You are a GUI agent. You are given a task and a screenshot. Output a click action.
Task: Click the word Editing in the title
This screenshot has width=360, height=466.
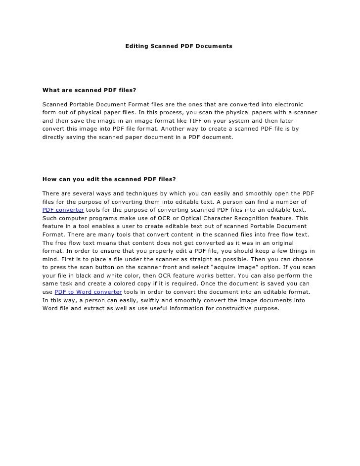pyautogui.click(x=136, y=46)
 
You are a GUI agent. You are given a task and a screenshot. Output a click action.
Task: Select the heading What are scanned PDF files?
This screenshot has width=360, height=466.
pyautogui.click(x=89, y=91)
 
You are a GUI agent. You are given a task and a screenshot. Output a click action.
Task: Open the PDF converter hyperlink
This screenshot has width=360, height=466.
pyautogui.click(x=63, y=210)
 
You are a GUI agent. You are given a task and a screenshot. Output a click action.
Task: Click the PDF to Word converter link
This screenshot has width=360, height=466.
pyautogui.click(x=88, y=292)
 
